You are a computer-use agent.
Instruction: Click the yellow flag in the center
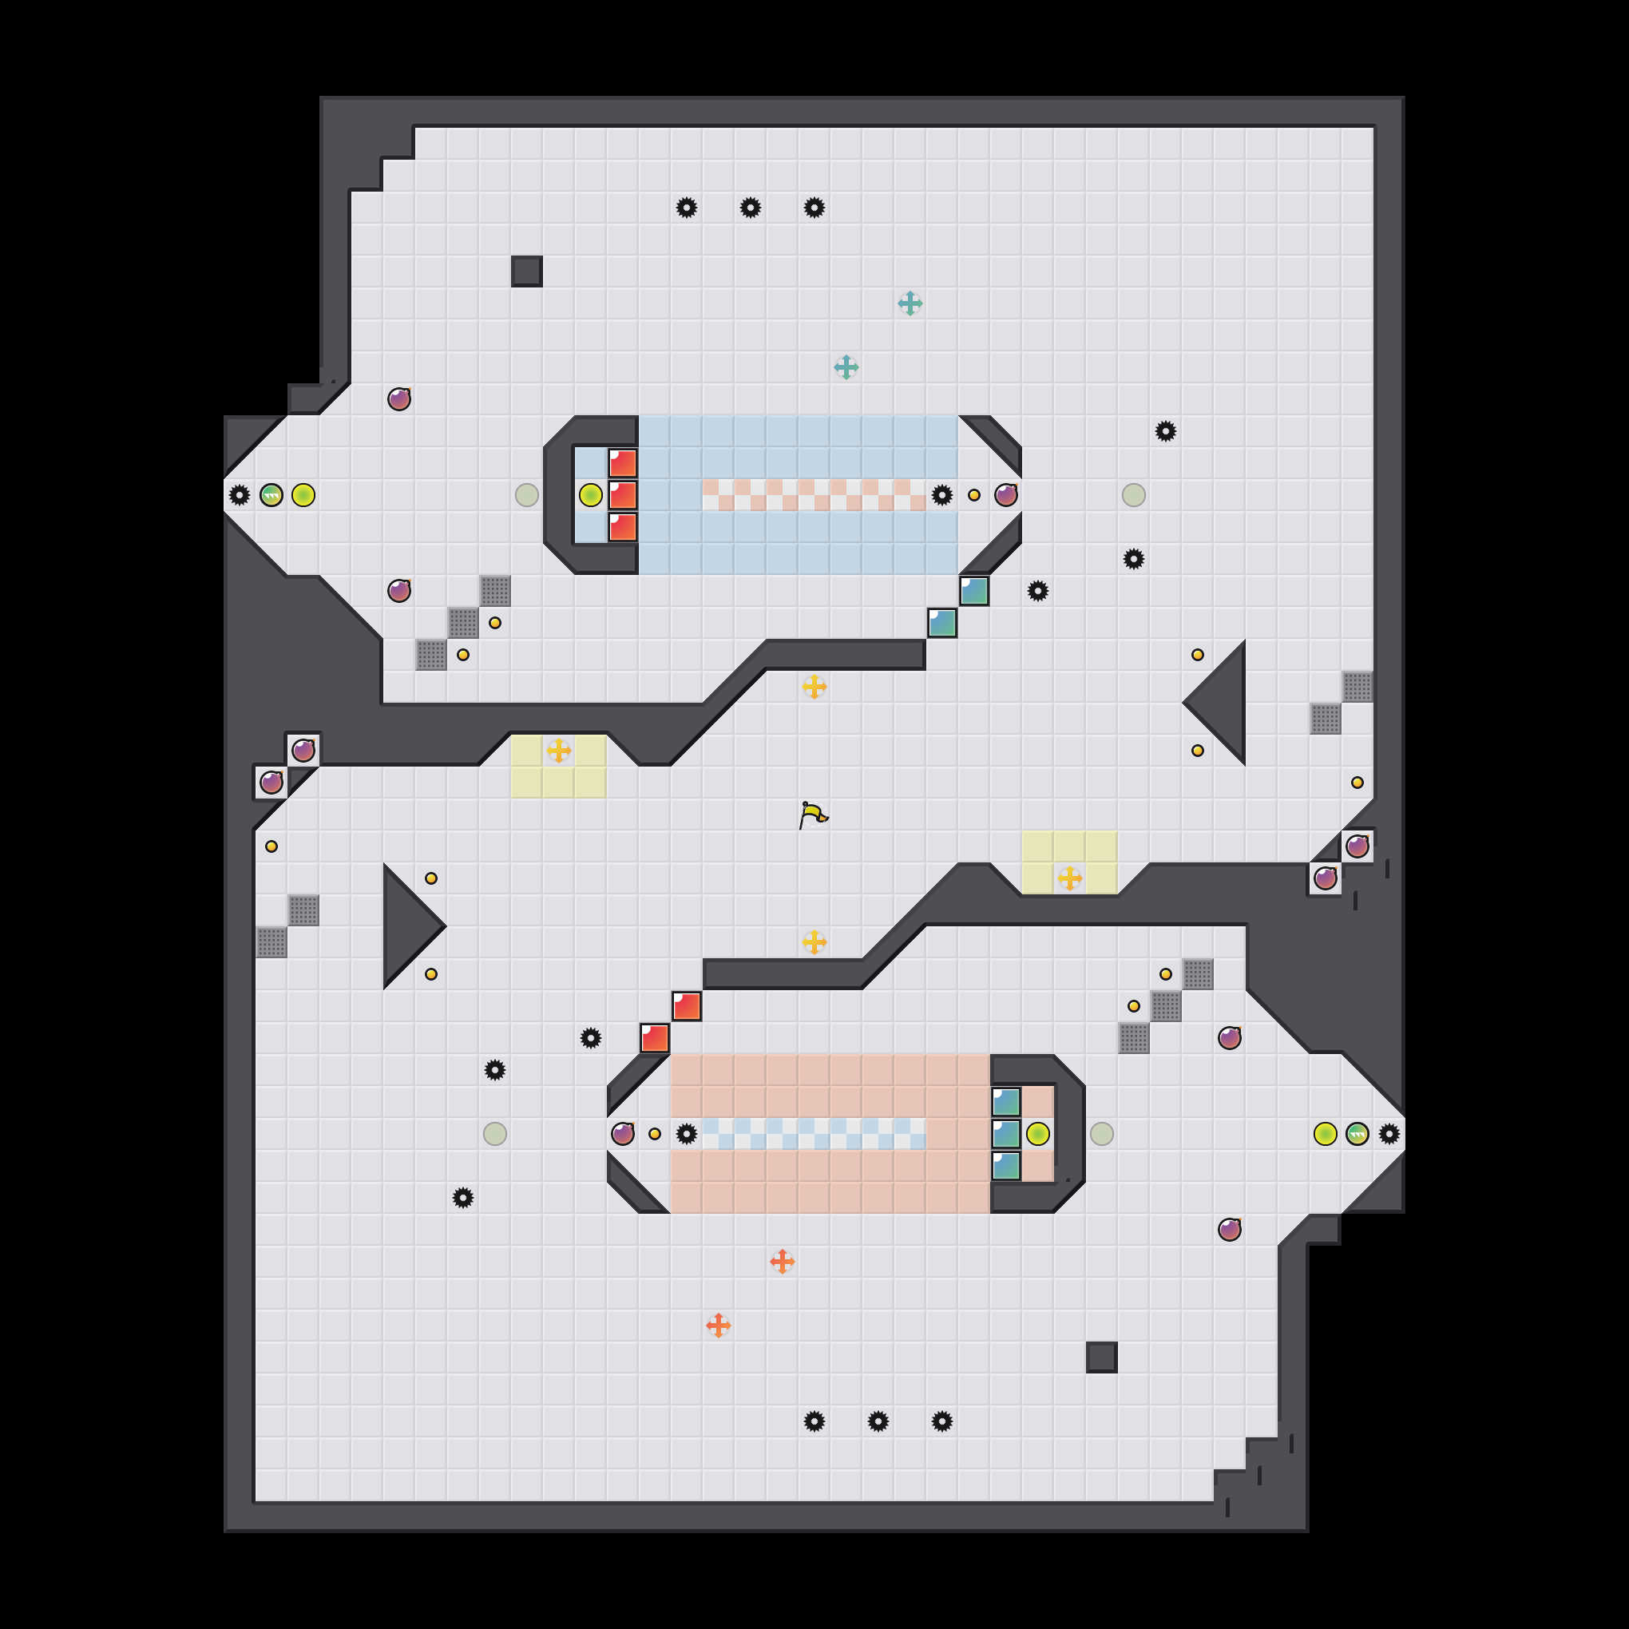(x=813, y=815)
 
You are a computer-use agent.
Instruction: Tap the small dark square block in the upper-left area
(x=526, y=271)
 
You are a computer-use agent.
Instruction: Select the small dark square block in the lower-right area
(x=1101, y=1357)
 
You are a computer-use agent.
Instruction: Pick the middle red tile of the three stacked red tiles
(x=623, y=495)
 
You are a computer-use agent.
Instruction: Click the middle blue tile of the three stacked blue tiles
(x=1006, y=1134)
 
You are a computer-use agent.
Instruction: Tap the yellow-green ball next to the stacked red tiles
(x=590, y=495)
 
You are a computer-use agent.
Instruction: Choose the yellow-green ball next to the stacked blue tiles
(x=1038, y=1134)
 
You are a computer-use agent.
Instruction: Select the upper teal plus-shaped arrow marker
(x=910, y=303)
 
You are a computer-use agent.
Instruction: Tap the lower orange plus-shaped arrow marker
(x=719, y=1326)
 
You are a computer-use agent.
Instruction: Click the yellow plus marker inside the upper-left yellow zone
(x=558, y=751)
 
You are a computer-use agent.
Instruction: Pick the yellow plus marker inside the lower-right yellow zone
(x=1070, y=878)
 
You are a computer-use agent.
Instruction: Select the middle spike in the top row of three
(x=751, y=208)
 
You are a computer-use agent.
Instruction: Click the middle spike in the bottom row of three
(x=878, y=1421)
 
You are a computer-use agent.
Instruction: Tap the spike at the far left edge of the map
(x=240, y=495)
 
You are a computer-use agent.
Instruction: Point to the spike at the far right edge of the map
(x=1389, y=1134)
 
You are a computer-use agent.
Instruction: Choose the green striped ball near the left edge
(x=271, y=495)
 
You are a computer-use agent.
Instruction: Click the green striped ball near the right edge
(x=1357, y=1134)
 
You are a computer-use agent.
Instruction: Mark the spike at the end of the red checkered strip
(x=941, y=495)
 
